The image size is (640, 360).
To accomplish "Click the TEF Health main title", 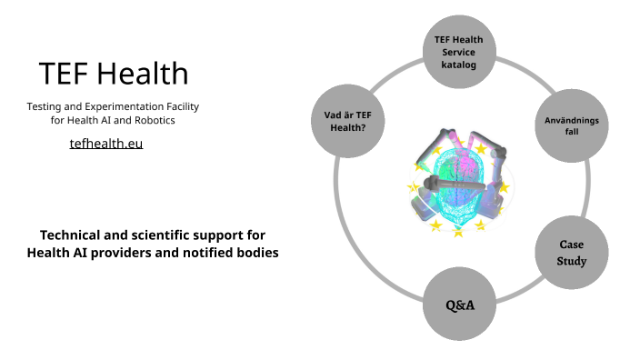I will click(x=114, y=74).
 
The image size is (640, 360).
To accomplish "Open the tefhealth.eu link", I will click(x=106, y=144).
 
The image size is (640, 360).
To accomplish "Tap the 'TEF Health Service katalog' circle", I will click(x=459, y=53).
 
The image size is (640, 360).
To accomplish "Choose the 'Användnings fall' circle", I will click(x=571, y=126).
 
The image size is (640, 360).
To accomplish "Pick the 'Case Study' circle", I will click(x=571, y=253).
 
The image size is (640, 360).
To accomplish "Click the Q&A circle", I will click(x=459, y=305).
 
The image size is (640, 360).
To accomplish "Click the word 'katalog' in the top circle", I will click(x=459, y=65).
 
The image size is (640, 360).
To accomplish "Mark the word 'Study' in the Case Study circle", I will click(x=572, y=261).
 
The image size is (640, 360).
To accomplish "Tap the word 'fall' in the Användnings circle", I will click(x=571, y=133).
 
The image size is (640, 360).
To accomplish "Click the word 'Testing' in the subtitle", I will click(x=45, y=106).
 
